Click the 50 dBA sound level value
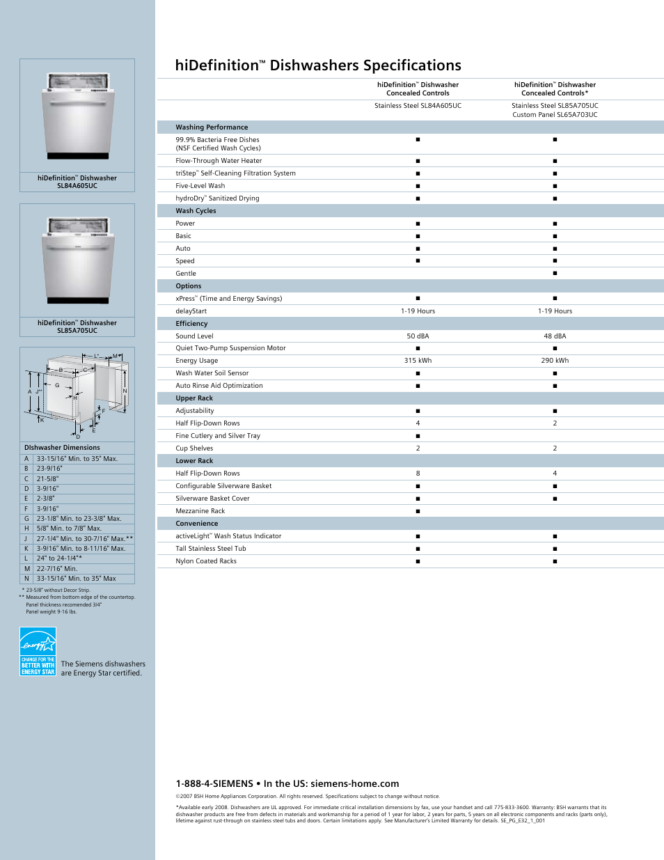418,336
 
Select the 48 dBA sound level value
555,336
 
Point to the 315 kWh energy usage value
418,361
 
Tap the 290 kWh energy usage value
555,361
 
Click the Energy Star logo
38,652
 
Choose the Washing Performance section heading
212,127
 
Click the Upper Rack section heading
194,398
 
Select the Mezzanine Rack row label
200,511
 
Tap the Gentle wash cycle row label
186,274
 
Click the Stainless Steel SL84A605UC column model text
418,106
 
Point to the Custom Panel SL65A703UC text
555,115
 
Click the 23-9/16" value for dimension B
49,469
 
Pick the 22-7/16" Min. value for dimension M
57,569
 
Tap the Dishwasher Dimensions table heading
62,448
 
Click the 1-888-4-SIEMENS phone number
214,784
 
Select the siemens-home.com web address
355,784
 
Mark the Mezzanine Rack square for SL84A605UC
418,511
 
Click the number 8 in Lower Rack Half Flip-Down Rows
418,474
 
